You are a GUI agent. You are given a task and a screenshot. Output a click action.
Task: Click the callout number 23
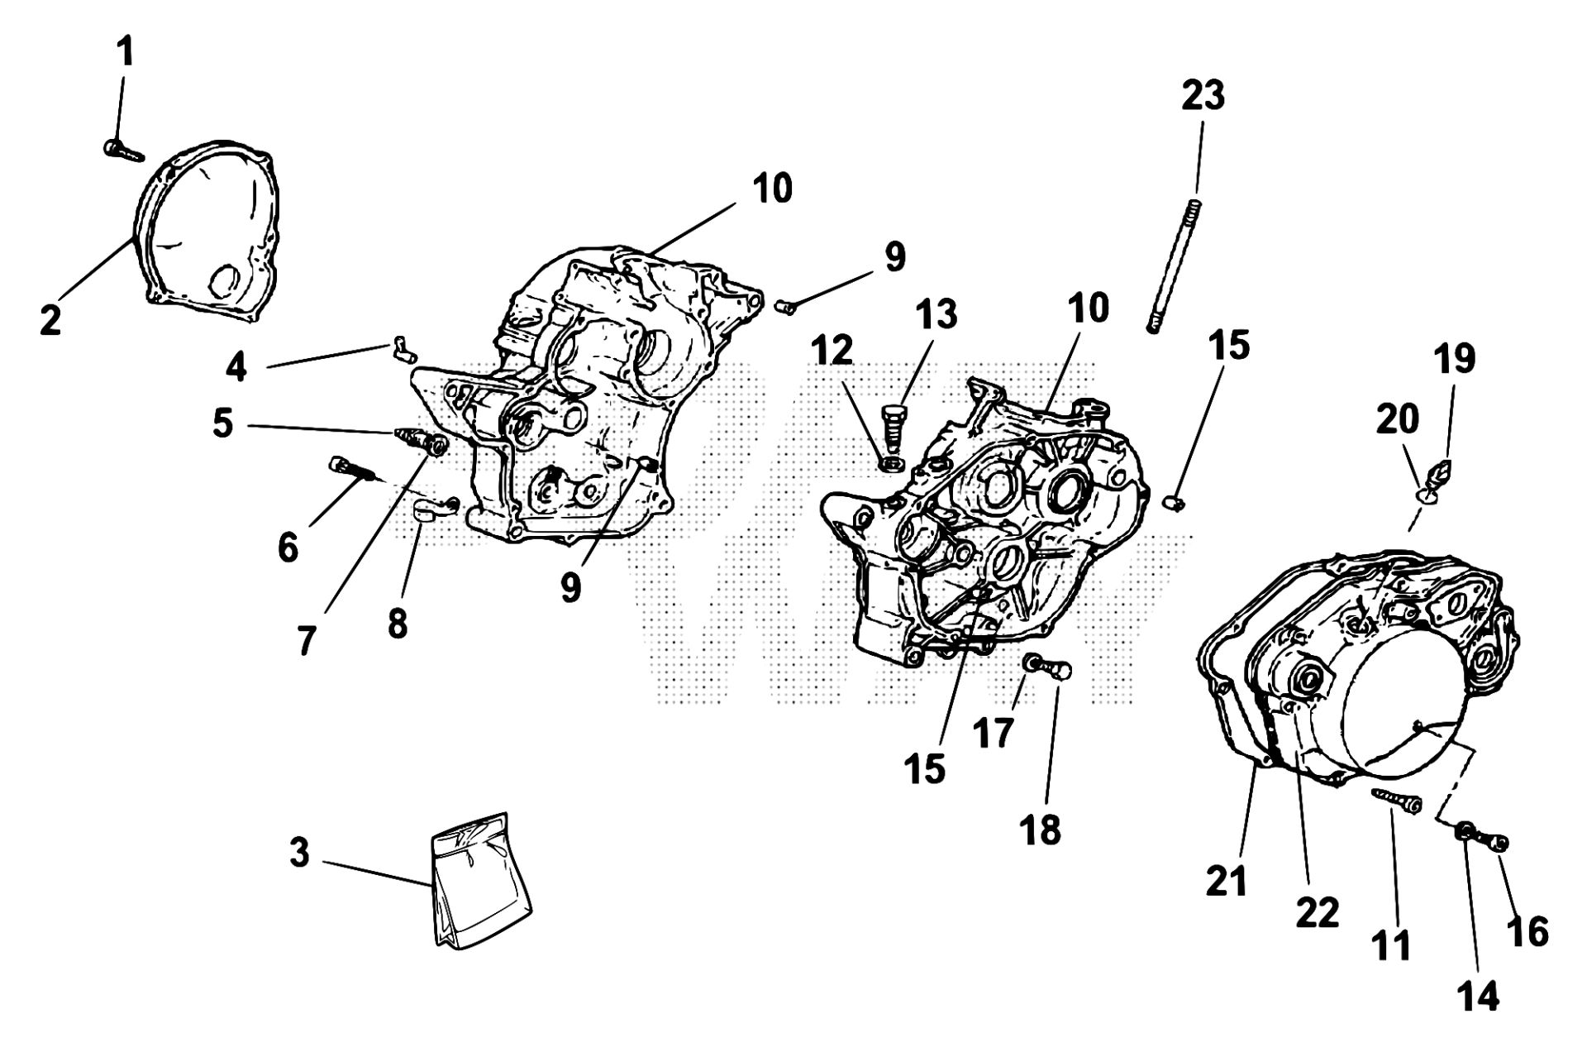(1202, 96)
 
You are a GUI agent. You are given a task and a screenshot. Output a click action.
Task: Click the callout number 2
(50, 320)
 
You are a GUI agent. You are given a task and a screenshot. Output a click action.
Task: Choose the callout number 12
(832, 351)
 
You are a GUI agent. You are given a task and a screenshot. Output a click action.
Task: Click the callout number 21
(1226, 882)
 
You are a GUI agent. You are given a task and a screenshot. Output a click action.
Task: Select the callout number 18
(1041, 830)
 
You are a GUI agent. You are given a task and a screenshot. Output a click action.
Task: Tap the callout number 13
(936, 314)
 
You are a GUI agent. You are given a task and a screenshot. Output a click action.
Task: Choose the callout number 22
(1317, 913)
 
